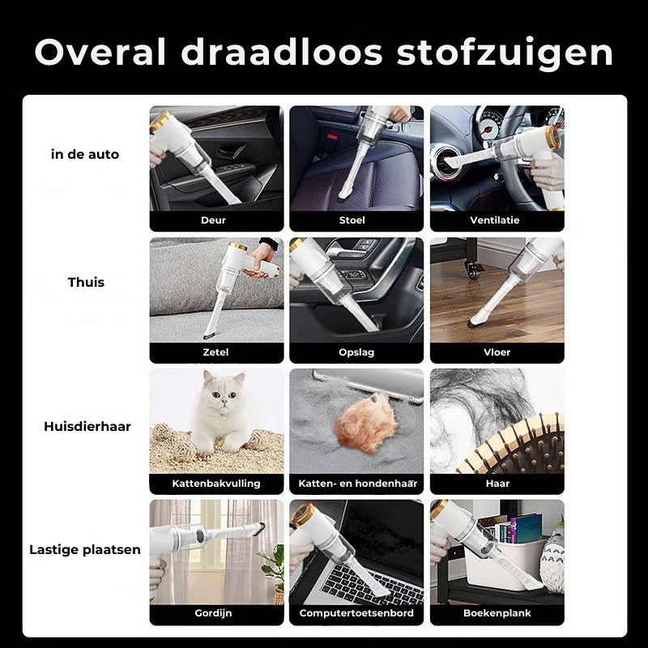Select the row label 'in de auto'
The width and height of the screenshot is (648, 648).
pyautogui.click(x=85, y=154)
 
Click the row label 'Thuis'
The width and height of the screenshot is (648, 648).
pyautogui.click(x=86, y=283)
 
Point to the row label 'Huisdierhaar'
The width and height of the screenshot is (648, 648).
pyautogui.click(x=87, y=426)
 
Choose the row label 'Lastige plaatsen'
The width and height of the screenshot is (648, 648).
pyautogui.click(x=85, y=549)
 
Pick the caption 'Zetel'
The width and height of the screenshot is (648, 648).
pyautogui.click(x=216, y=352)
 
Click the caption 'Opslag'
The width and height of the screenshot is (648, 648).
pyautogui.click(x=356, y=352)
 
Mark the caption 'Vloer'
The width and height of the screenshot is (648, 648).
pyautogui.click(x=497, y=352)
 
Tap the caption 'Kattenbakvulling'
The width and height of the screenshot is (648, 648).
pyautogui.click(x=216, y=484)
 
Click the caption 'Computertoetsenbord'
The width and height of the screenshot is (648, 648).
pyautogui.click(x=356, y=613)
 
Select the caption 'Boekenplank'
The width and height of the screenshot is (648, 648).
pyautogui.click(x=497, y=613)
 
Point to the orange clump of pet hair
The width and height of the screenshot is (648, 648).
pyautogui.click(x=366, y=425)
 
